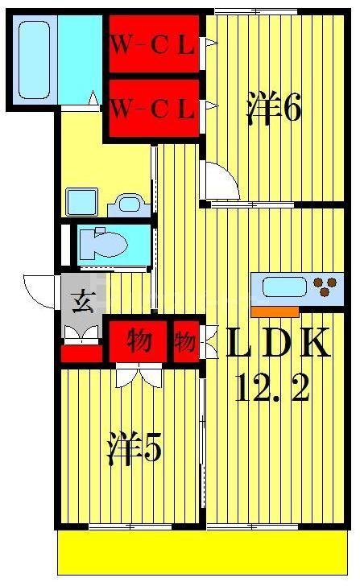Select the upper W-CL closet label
click(153, 45)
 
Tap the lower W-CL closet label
click(153, 107)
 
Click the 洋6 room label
click(273, 108)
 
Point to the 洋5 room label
click(134, 449)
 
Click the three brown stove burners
click(325, 287)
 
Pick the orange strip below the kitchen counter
click(275, 310)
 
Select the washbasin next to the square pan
click(127, 202)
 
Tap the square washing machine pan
click(82, 201)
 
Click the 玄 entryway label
click(82, 304)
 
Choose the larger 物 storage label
click(139, 340)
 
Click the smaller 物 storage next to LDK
click(185, 340)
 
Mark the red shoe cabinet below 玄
click(81, 353)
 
